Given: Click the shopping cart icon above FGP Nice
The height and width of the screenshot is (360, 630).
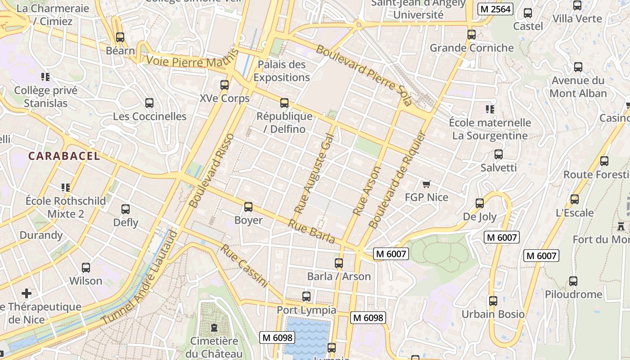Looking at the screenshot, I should [x=426, y=184].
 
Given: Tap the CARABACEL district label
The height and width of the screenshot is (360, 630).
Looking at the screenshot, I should [x=64, y=156].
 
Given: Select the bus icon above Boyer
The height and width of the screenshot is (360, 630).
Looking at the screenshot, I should [x=248, y=207].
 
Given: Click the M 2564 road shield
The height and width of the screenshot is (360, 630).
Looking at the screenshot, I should [x=495, y=9].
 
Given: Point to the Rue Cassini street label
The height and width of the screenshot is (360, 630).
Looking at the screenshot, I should [x=244, y=266].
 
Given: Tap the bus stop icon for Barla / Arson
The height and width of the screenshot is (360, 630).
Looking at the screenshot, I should [x=339, y=263].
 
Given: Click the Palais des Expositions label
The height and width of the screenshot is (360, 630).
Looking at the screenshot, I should [x=282, y=71].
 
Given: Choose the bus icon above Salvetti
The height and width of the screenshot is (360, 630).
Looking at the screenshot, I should [x=498, y=154].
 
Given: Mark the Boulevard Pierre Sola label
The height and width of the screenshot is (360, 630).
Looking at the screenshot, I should [x=364, y=75].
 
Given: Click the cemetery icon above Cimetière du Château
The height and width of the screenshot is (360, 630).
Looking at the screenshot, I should [x=214, y=327].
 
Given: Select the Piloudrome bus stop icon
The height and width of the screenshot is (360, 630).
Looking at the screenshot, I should [x=573, y=281].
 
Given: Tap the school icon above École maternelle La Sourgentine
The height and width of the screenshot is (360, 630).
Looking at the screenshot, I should [x=490, y=109].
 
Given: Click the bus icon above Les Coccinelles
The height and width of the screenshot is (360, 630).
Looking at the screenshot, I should [x=149, y=103].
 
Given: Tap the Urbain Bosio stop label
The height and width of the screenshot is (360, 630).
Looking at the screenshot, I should [x=493, y=314].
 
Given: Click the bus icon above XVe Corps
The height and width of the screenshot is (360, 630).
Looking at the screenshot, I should [x=224, y=85].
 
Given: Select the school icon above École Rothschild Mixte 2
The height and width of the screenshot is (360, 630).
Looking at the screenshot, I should [x=66, y=187].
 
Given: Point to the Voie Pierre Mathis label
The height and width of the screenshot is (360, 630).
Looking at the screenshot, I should [x=192, y=60].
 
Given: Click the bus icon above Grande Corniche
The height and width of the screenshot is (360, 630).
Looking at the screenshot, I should [x=471, y=35].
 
